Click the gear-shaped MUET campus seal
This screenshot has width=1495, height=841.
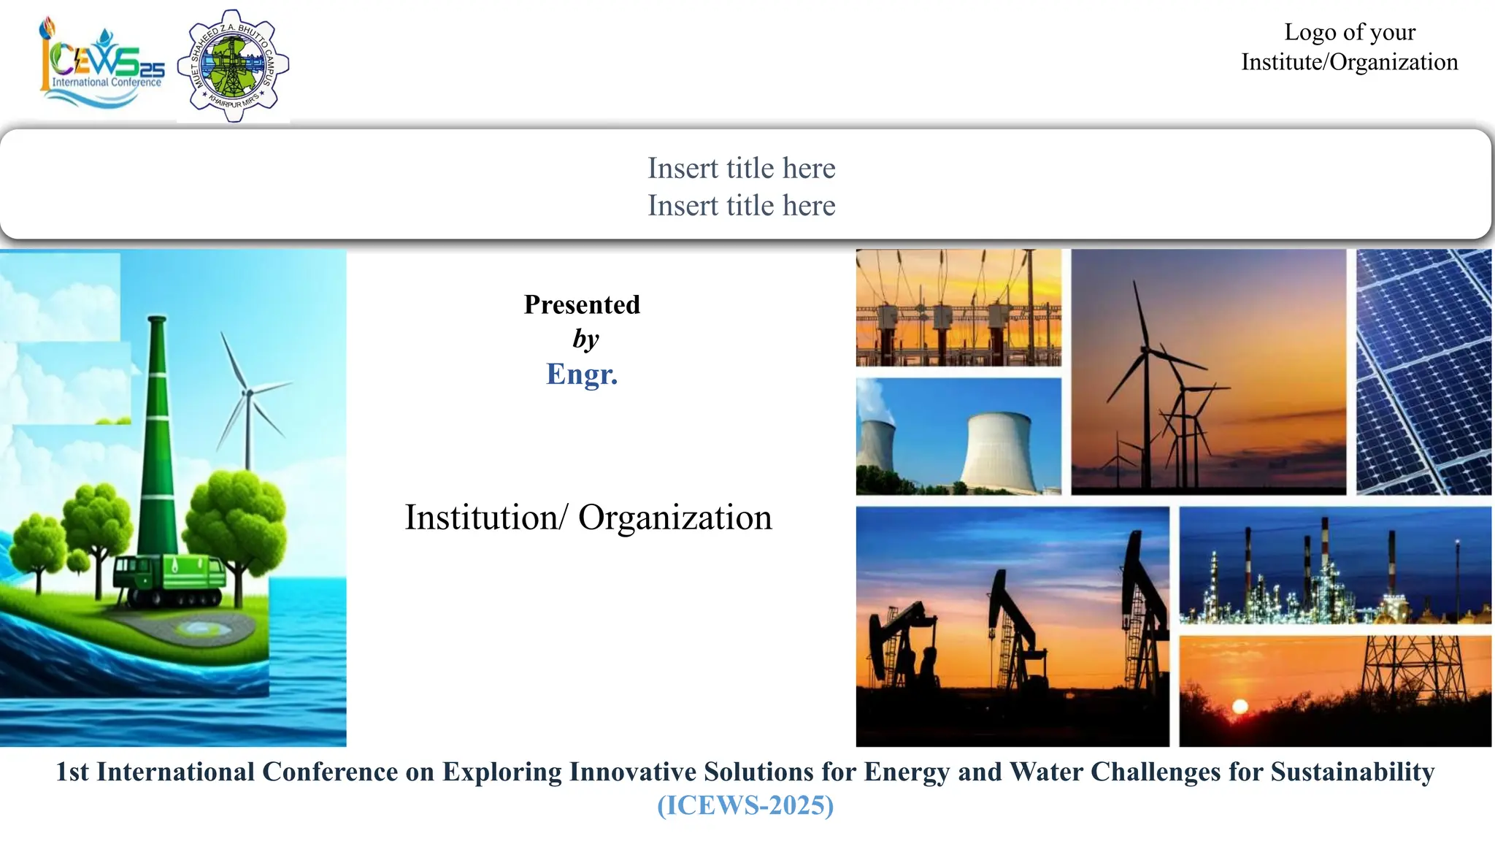[x=233, y=66]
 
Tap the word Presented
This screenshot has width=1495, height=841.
[x=582, y=304]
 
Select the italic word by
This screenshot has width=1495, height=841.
[x=585, y=339]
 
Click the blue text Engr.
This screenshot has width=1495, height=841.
[x=582, y=374]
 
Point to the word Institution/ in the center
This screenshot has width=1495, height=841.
[x=485, y=518]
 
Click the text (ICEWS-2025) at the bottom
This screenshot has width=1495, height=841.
[x=745, y=805]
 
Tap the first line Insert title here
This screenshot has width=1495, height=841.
[x=741, y=168]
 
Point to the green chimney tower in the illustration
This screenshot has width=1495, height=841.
[x=158, y=438]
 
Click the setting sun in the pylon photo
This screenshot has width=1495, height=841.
[x=1240, y=706]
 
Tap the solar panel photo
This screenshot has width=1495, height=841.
[x=1423, y=372]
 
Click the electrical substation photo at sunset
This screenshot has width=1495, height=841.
[x=958, y=307]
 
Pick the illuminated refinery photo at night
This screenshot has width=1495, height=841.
[x=1334, y=566]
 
